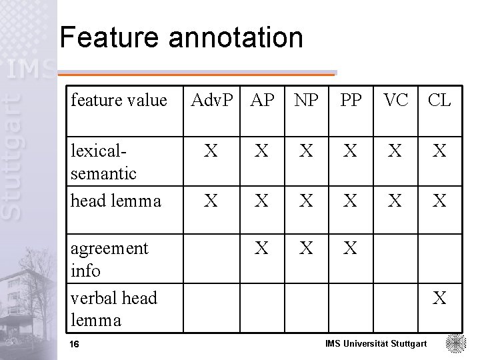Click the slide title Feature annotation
coord(181,39)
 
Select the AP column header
coord(263,101)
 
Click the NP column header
coord(305,101)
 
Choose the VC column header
coord(396,101)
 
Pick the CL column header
coord(440,101)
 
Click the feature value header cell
coord(119,101)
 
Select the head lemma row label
coord(115,200)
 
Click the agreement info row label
coord(109,259)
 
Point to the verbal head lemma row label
coord(113,309)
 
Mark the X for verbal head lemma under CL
coord(439,298)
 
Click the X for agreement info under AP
coord(263,248)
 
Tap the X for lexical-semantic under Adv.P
coord(211,151)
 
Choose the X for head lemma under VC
coord(396,201)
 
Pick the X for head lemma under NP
coord(305,201)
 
